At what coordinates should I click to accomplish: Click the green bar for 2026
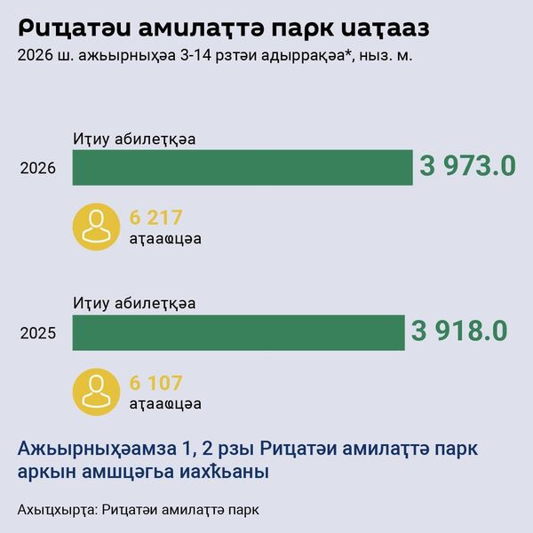242,167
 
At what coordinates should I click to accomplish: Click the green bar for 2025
237,332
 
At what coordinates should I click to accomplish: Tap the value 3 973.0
467,166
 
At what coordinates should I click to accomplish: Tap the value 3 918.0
459,331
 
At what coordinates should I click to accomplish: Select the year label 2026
38,168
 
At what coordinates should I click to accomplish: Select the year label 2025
38,334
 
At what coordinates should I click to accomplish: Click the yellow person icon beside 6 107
96,392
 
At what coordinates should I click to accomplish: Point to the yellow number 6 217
155,217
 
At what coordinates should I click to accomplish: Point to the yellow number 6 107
155,383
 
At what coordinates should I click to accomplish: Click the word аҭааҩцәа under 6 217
164,237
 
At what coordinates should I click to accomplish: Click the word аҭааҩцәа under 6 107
164,403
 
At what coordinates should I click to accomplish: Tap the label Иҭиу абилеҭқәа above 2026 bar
134,139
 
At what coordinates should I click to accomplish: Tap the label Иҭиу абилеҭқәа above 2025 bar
134,304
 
